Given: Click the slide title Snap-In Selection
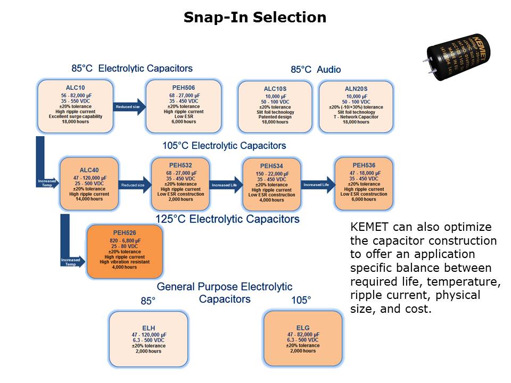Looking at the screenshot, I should (x=255, y=18).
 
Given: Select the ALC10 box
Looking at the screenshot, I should (x=75, y=106).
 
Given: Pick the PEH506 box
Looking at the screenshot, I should (x=183, y=106).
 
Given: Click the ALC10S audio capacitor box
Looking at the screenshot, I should (x=276, y=106).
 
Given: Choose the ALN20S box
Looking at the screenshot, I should (x=356, y=106).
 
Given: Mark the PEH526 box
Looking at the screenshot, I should (x=125, y=252).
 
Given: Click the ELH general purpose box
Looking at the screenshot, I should (x=149, y=339).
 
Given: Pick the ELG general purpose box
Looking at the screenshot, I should (x=303, y=339).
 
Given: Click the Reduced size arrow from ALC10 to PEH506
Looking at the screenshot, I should (x=129, y=107).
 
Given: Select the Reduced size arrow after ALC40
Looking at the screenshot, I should (x=133, y=185).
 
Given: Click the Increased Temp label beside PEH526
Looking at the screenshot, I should (x=71, y=262).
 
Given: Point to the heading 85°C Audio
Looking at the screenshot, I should (x=316, y=70).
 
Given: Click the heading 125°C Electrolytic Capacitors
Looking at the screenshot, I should (x=227, y=219).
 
